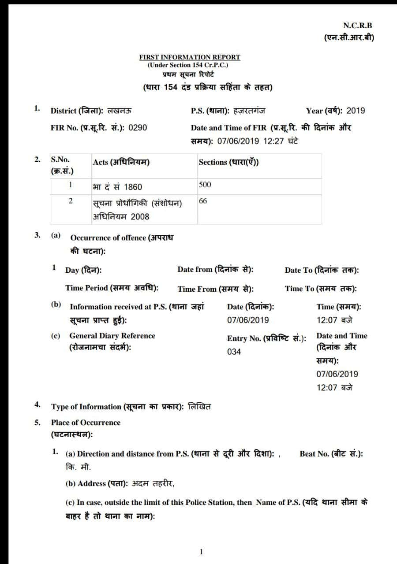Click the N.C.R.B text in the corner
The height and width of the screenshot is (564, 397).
(x=357, y=26)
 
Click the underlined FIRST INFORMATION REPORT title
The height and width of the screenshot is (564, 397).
(x=190, y=57)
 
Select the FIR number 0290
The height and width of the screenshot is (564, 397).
(x=138, y=128)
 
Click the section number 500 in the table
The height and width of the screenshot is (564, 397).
(x=205, y=185)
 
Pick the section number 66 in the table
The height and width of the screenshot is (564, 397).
(x=203, y=201)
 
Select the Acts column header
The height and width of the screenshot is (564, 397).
(x=121, y=162)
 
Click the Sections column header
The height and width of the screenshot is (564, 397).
(x=228, y=162)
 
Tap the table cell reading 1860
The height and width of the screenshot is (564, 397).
(x=133, y=187)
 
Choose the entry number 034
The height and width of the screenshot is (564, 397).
(x=234, y=352)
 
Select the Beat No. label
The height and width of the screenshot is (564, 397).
(x=331, y=453)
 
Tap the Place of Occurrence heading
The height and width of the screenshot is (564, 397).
(x=86, y=423)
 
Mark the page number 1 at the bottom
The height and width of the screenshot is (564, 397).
(x=201, y=551)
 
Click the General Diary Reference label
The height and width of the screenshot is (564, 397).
(x=112, y=336)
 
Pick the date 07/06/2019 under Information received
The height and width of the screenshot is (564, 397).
(x=248, y=320)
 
